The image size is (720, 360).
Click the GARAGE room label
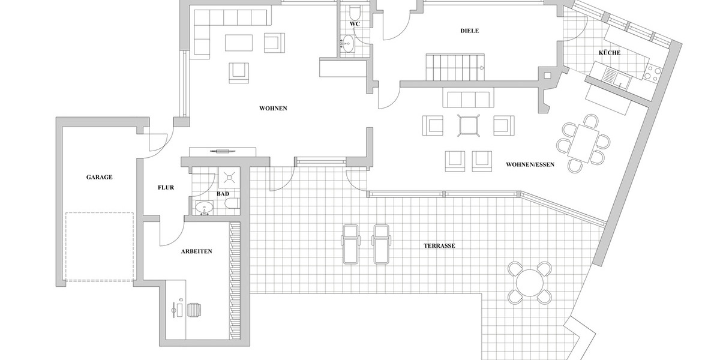[99, 177]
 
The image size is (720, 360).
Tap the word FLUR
[166, 188]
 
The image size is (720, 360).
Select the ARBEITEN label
[196, 252]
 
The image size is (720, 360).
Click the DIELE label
[469, 31]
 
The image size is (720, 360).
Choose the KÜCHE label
[609, 53]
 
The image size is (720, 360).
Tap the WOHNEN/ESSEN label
[530, 164]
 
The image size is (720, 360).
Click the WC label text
[355, 24]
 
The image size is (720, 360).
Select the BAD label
[223, 194]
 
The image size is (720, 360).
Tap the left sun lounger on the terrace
[350, 244]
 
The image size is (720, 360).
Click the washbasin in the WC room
[347, 43]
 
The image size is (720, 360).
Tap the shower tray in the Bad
[228, 177]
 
